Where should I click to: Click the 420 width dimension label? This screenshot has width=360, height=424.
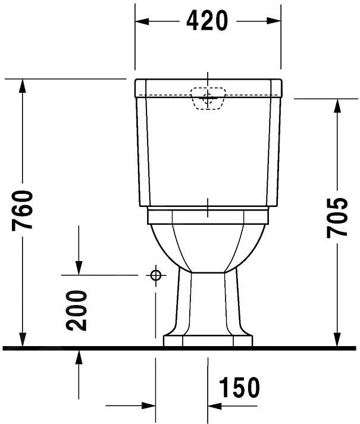pyautogui.click(x=207, y=21)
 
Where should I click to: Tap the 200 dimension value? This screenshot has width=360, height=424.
pyautogui.click(x=77, y=310)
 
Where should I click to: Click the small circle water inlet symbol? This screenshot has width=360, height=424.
pyautogui.click(x=156, y=275)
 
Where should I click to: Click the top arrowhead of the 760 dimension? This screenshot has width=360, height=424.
pyautogui.click(x=22, y=84)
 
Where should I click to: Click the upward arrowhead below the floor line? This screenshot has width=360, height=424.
pyautogui.click(x=78, y=355)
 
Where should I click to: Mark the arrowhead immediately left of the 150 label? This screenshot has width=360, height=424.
pyautogui.click(x=214, y=406)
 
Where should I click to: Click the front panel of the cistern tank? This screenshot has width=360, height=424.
pyautogui.click(x=208, y=155)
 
